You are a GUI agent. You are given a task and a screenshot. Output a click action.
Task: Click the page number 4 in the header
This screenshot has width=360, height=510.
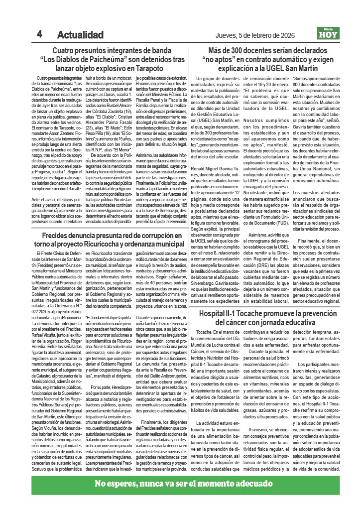pos(39,34)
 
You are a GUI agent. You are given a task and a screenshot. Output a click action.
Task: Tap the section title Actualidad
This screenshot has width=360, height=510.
pos(80,35)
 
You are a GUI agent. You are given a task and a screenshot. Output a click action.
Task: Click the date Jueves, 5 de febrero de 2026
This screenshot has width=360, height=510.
pos(255,35)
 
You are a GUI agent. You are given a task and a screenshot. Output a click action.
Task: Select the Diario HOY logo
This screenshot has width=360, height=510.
pos(328,34)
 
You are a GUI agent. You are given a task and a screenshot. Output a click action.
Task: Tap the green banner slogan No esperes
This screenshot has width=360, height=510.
pos(118,485)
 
